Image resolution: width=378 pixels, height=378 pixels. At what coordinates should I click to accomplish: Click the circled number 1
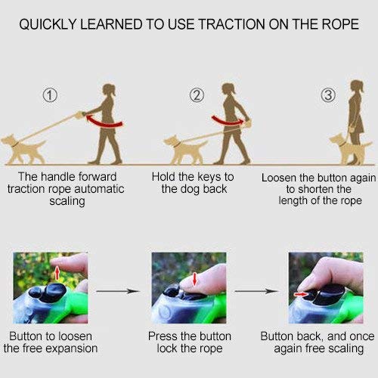[x=50, y=95]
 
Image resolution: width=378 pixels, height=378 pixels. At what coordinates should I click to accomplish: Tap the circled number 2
[x=197, y=95]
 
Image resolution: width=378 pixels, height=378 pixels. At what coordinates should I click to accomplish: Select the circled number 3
[x=328, y=95]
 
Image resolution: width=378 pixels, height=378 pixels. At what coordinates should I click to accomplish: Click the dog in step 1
[x=23, y=150]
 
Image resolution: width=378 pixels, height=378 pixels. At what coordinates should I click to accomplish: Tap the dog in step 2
[x=185, y=150]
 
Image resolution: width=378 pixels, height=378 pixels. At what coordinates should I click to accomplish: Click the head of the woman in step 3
[x=358, y=87]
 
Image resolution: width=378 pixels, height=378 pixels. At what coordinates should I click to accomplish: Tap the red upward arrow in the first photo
[x=57, y=273]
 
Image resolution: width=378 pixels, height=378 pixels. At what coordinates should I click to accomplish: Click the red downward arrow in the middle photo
[x=194, y=280]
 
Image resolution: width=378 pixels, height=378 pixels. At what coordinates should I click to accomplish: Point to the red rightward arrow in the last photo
[x=302, y=294]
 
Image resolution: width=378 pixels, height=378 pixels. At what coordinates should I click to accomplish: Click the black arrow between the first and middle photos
[x=117, y=291]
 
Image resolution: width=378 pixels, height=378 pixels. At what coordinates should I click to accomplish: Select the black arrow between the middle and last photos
[x=256, y=291]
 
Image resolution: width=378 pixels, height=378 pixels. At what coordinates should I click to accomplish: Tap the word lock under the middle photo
[x=168, y=349]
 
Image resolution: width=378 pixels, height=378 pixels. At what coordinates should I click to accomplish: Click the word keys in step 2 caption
[x=209, y=177]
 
